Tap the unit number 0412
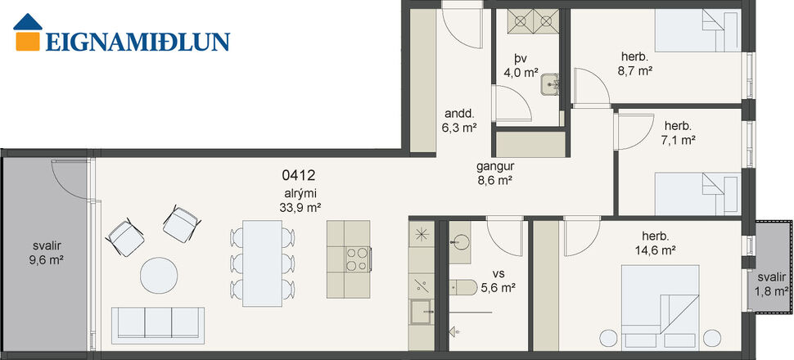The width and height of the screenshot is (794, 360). (298, 174)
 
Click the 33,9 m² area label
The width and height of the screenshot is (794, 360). (298, 206)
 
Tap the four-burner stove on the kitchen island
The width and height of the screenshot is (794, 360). (357, 259)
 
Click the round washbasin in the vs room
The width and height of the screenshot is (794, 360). (458, 241)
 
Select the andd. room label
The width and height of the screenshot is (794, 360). (458, 113)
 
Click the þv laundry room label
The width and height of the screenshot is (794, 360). (520, 58)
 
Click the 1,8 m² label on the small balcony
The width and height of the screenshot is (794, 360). (771, 290)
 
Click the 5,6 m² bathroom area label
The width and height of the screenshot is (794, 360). (497, 287)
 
